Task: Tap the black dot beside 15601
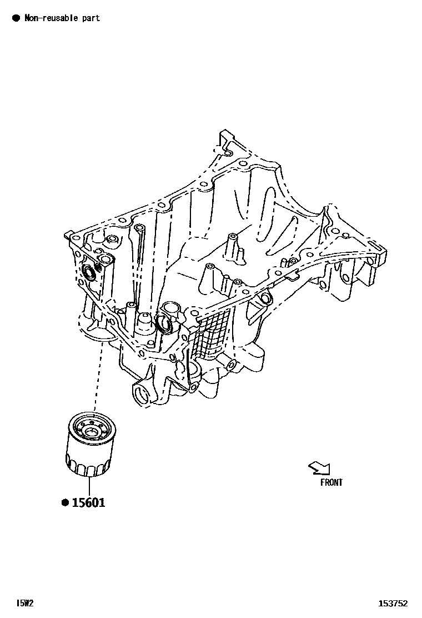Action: pyautogui.click(x=65, y=503)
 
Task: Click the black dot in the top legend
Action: pyautogui.click(x=16, y=18)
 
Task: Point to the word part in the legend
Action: pyautogui.click(x=91, y=18)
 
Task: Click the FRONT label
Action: pyautogui.click(x=331, y=482)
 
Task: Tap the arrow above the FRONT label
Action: pyautogui.click(x=319, y=468)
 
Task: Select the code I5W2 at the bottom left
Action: pyautogui.click(x=24, y=603)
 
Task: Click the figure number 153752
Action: pyautogui.click(x=393, y=603)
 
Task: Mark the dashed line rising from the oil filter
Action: pyautogui.click(x=98, y=378)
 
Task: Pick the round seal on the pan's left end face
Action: pyautogui.click(x=89, y=272)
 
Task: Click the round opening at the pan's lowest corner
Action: pyautogui.click(x=142, y=395)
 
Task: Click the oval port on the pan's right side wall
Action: pyautogui.click(x=266, y=298)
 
